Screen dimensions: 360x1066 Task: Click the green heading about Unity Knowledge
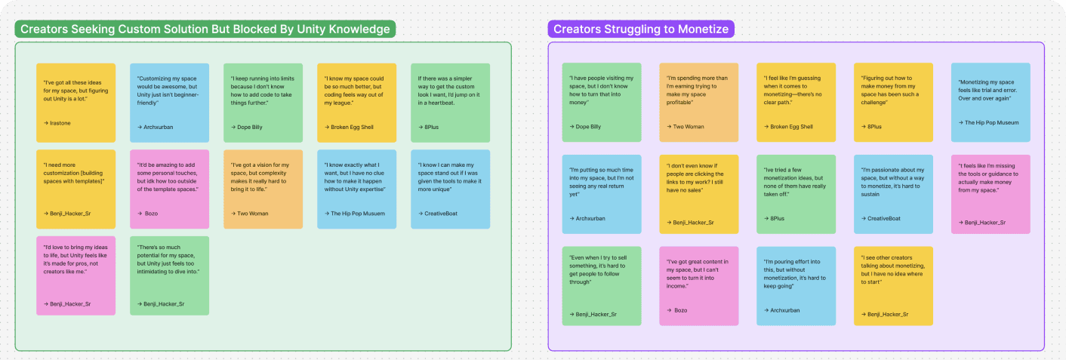(x=205, y=29)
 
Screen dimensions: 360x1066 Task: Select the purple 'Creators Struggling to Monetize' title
(x=641, y=29)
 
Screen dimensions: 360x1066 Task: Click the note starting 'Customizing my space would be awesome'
(x=169, y=103)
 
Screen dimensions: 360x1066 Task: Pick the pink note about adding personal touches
(x=169, y=189)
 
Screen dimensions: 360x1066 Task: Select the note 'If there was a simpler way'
(x=450, y=103)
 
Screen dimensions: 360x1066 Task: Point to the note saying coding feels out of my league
(x=356, y=103)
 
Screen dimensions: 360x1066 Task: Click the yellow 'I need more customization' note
(x=76, y=189)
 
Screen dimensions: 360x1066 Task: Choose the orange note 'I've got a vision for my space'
(x=263, y=189)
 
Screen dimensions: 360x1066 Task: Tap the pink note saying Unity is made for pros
(x=76, y=275)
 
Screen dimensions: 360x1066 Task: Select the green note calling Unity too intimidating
(x=169, y=275)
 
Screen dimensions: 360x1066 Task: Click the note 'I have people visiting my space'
(x=602, y=102)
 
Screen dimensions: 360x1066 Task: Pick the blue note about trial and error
(x=991, y=102)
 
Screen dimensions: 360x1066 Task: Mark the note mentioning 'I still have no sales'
(x=698, y=194)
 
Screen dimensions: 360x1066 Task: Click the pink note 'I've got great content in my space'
(x=698, y=286)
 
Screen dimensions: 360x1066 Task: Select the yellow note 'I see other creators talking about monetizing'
(x=893, y=286)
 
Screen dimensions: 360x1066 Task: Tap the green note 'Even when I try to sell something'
(x=602, y=286)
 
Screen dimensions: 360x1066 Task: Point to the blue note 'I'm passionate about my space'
(x=893, y=194)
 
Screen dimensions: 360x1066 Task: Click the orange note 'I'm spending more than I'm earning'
(x=698, y=102)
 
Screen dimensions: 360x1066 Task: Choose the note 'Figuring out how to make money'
(x=893, y=102)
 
